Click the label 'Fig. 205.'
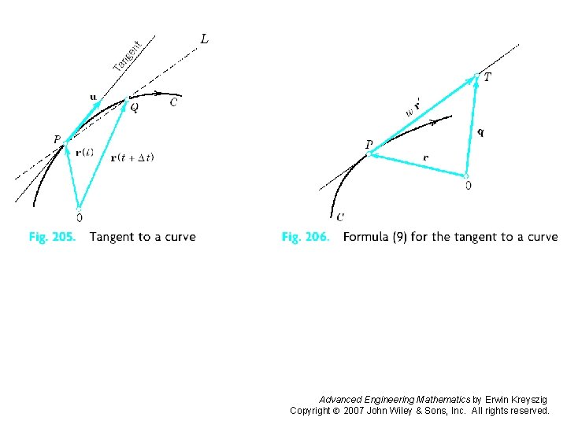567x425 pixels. pyautogui.click(x=52, y=237)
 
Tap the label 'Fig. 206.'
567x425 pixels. pyautogui.click(x=306, y=237)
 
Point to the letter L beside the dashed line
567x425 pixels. pyautogui.click(x=205, y=39)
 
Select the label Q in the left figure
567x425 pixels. pyautogui.click(x=134, y=109)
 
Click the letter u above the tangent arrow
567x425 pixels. pyautogui.click(x=94, y=97)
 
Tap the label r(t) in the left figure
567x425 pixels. pyautogui.click(x=84, y=153)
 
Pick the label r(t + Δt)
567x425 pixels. pyautogui.click(x=132, y=157)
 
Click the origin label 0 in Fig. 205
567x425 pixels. pyautogui.click(x=79, y=216)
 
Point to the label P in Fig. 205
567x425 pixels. pyautogui.click(x=57, y=140)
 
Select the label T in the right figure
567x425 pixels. pyautogui.click(x=487, y=77)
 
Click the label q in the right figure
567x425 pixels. pyautogui.click(x=480, y=132)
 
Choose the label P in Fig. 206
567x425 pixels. pyautogui.click(x=368, y=145)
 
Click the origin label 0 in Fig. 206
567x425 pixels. pyautogui.click(x=469, y=186)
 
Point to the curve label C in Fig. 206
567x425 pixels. pyautogui.click(x=339, y=216)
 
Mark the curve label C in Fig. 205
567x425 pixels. pyautogui.click(x=173, y=102)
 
